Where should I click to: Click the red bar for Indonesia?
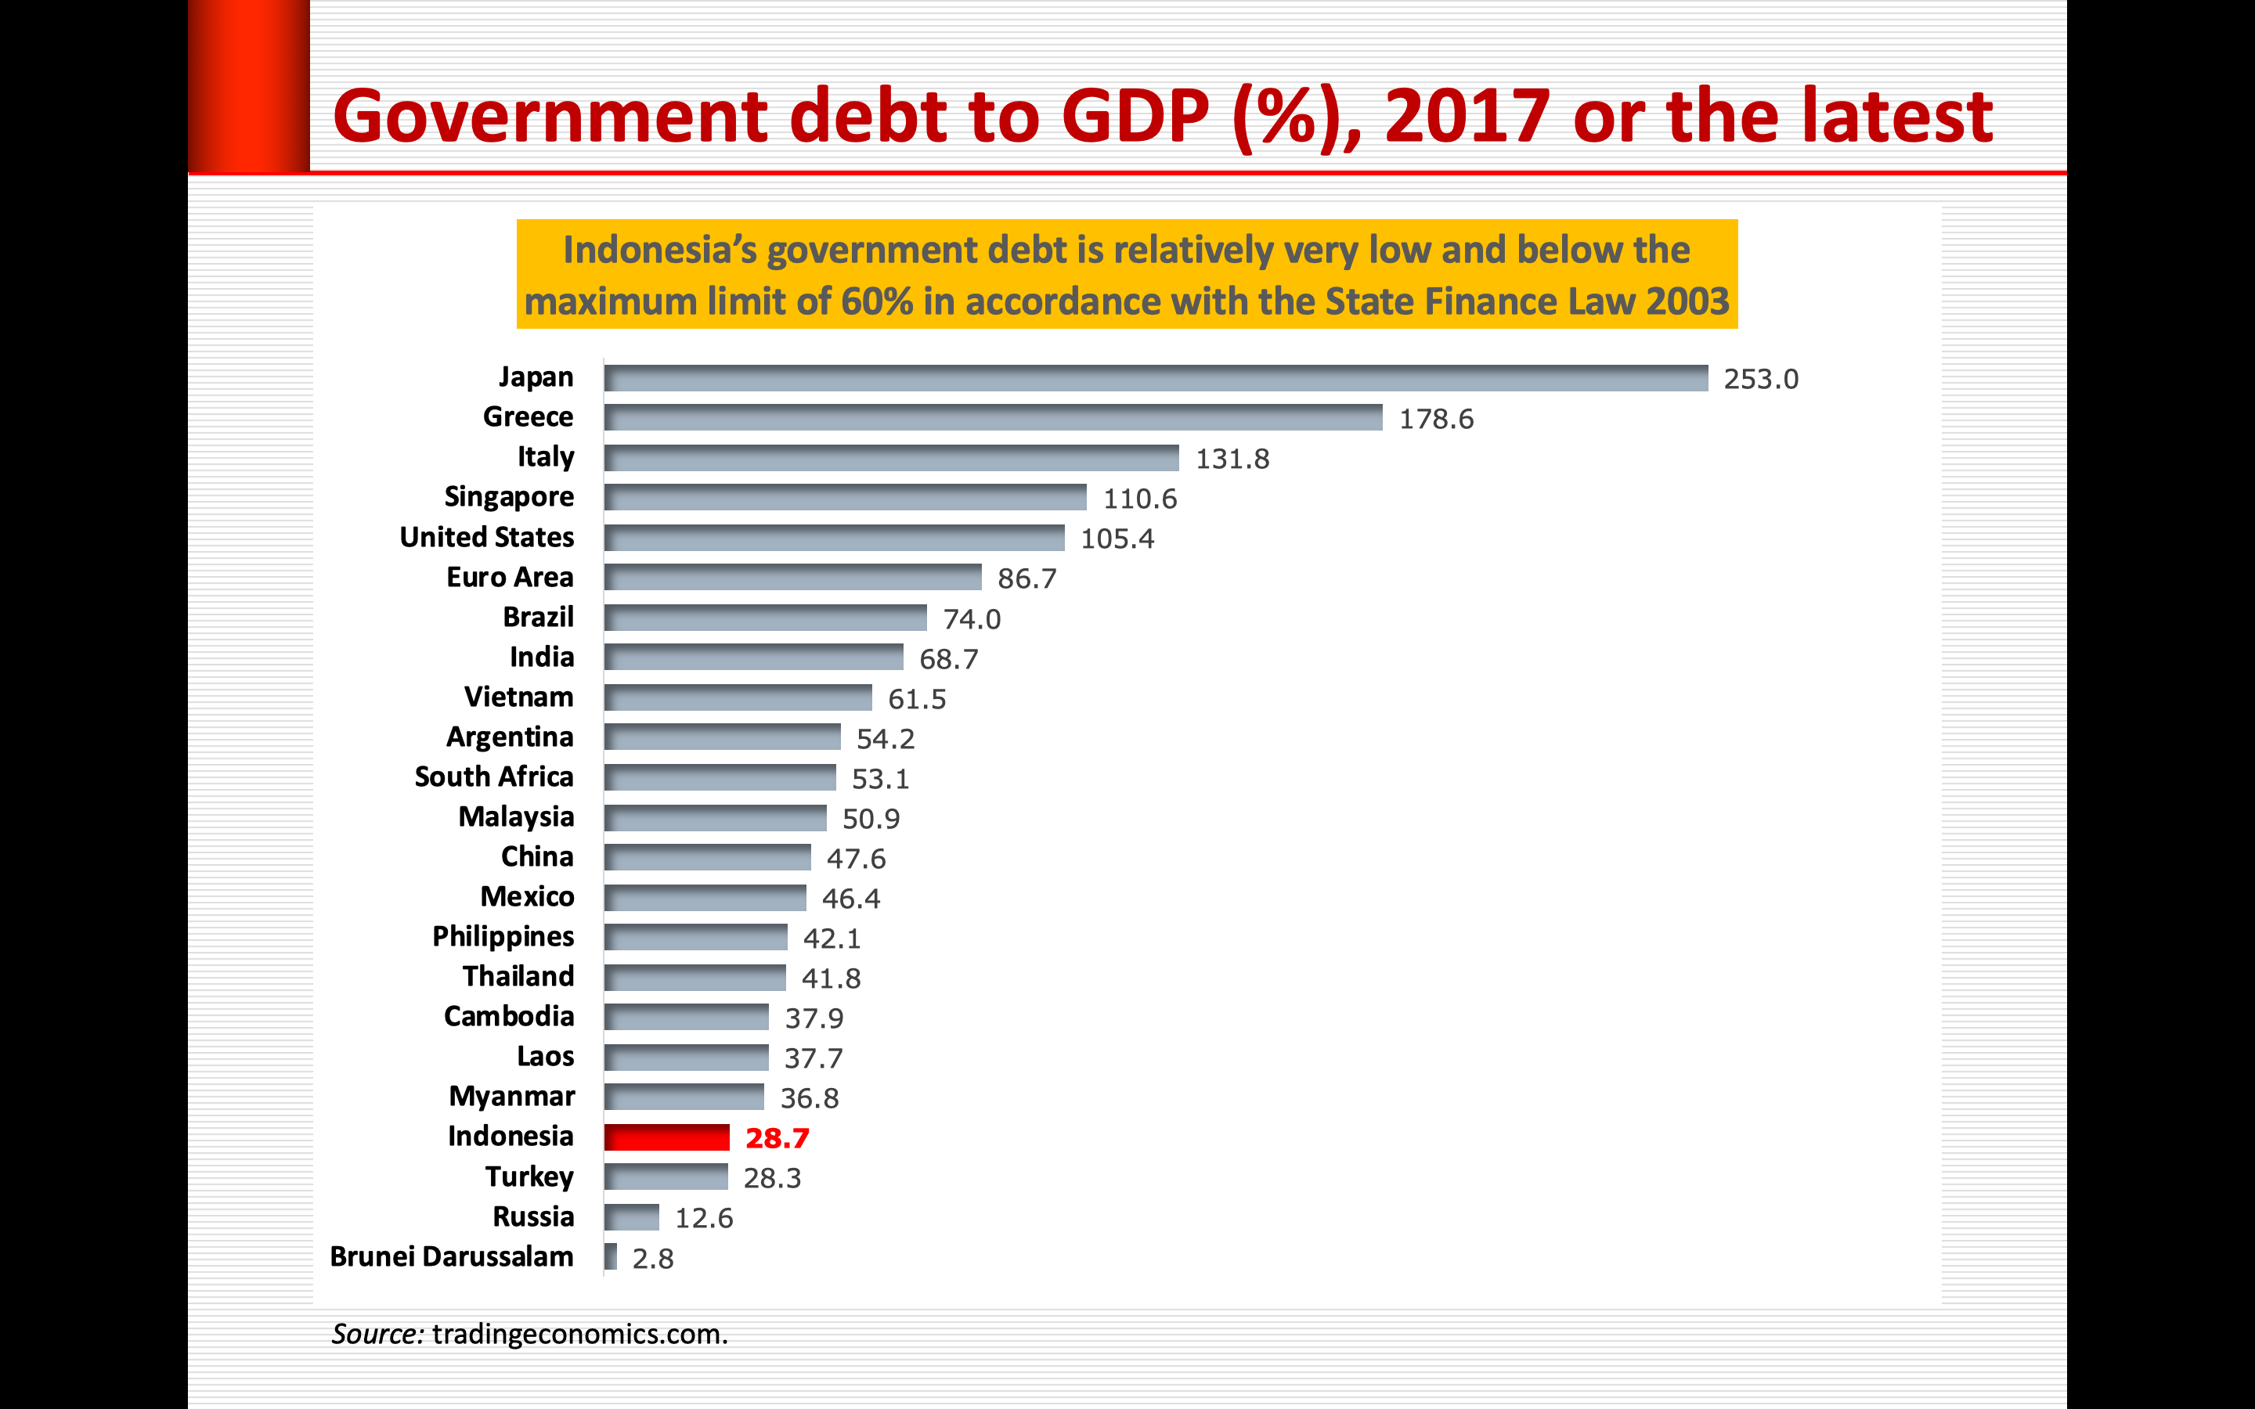666,1137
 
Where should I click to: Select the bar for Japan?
1156,377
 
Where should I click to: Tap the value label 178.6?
1436,420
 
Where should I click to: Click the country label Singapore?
509,497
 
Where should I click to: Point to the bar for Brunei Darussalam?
611,1256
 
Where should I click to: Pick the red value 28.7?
778,1138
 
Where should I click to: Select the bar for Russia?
631,1217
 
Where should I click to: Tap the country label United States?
486,538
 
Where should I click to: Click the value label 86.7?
1026,578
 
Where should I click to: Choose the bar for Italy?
891,458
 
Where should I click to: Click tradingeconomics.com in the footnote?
579,1334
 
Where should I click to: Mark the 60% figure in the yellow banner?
877,302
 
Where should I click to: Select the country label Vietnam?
518,697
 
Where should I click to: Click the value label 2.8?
652,1259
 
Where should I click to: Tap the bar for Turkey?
666,1177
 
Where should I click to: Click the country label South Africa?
494,777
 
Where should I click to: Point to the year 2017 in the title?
1467,117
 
